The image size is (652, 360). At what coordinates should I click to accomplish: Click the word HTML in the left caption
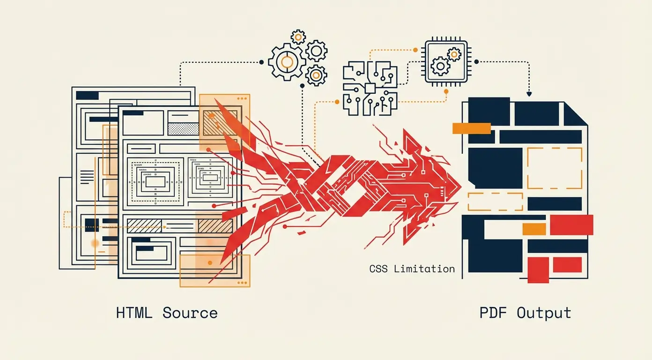point(134,313)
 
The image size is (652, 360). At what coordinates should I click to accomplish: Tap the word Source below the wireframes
point(190,313)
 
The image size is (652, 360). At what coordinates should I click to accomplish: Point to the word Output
point(544,313)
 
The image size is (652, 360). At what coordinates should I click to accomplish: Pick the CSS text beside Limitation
point(379,269)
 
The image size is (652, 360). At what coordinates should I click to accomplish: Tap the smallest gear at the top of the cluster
point(298,36)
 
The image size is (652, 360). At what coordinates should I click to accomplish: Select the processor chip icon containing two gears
point(445,61)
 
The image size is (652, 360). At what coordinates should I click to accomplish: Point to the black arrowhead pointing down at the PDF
point(529,94)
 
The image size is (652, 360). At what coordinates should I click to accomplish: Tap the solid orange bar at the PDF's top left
point(471,128)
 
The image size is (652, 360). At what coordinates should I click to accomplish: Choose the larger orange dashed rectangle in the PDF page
point(555,168)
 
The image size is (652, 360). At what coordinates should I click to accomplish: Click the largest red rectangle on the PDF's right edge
point(571,225)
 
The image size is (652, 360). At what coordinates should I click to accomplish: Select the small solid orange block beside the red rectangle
point(534,229)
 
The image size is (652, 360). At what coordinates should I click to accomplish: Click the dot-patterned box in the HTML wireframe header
point(183,129)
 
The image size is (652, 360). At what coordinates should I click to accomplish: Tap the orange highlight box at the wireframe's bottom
point(215,270)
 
